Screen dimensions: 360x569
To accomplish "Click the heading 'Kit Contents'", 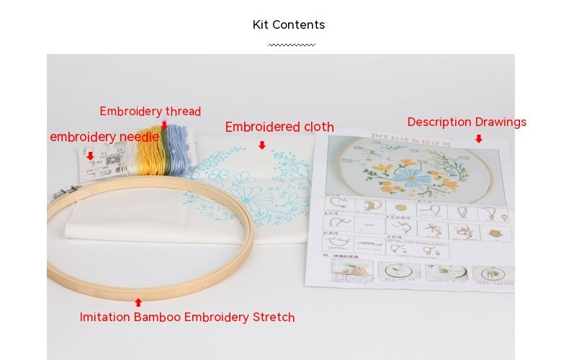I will pyautogui.click(x=288, y=25).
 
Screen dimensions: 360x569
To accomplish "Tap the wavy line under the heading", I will pyautogui.click(x=291, y=45).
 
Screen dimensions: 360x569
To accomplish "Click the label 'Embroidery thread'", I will pyautogui.click(x=150, y=112).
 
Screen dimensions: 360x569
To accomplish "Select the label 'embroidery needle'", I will pyautogui.click(x=104, y=137).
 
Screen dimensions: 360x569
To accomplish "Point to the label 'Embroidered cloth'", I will pyautogui.click(x=279, y=127).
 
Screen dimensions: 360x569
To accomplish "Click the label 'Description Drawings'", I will pyautogui.click(x=467, y=122).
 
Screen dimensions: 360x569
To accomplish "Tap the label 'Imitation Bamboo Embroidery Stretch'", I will pyautogui.click(x=187, y=318).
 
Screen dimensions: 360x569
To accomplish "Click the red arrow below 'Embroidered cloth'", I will pyautogui.click(x=261, y=145).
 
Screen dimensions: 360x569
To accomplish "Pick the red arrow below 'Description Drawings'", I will pyautogui.click(x=478, y=138).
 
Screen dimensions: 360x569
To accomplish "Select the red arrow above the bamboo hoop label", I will pyautogui.click(x=138, y=302).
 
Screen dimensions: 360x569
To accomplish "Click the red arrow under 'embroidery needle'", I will pyautogui.click(x=90, y=156).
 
